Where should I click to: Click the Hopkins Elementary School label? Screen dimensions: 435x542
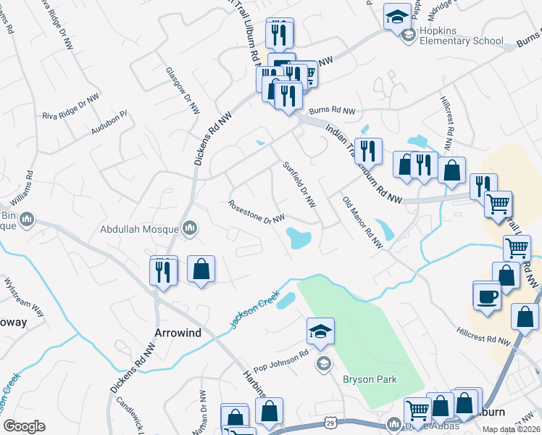click(x=462, y=41)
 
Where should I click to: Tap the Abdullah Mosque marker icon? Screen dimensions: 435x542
click(x=191, y=229)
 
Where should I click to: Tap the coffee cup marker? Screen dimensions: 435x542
click(x=487, y=297)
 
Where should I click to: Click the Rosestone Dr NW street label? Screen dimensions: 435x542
click(x=257, y=213)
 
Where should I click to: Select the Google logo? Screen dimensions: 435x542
click(x=24, y=426)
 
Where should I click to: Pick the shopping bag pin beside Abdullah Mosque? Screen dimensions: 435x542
click(x=201, y=269)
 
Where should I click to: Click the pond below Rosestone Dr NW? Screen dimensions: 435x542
click(x=299, y=238)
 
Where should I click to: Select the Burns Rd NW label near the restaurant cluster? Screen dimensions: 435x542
click(x=333, y=111)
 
